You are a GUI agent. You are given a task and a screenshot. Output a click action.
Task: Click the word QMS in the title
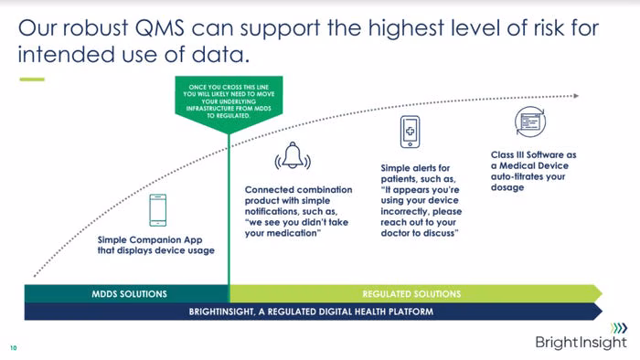click(159, 27)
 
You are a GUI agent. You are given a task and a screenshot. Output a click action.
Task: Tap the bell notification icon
click(293, 155)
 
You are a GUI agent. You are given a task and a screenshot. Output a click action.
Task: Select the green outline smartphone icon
click(157, 210)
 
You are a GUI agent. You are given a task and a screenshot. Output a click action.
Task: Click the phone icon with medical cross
click(410, 132)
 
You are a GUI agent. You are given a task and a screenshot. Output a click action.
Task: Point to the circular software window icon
click(529, 122)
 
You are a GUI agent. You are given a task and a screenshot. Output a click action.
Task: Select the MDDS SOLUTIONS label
click(129, 294)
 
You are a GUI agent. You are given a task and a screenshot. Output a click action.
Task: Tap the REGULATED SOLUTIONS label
click(411, 294)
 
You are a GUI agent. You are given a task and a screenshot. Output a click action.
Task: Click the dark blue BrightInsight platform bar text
click(311, 312)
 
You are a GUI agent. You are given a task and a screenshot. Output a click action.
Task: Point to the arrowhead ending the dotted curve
click(576, 96)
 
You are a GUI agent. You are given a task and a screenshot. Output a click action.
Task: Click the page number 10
click(14, 348)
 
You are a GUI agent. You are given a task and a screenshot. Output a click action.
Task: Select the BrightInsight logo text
click(581, 342)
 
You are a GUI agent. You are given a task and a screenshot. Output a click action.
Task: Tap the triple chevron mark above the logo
click(619, 328)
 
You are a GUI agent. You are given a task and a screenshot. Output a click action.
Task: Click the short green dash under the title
click(32, 79)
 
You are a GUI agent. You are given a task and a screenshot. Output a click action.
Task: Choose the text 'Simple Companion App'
click(150, 239)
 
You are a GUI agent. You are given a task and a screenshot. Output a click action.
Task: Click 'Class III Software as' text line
click(533, 155)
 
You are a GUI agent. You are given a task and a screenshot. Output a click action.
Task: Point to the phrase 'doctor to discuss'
click(418, 233)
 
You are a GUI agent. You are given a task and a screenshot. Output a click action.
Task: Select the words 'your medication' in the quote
click(281, 233)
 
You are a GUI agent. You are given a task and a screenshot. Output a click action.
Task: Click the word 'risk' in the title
click(549, 27)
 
